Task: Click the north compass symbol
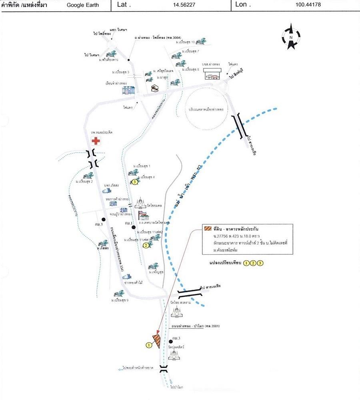[x=291, y=37]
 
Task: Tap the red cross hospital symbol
[x=96, y=141]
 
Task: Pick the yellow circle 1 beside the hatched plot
[x=148, y=344]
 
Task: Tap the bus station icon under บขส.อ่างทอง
[x=212, y=74]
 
